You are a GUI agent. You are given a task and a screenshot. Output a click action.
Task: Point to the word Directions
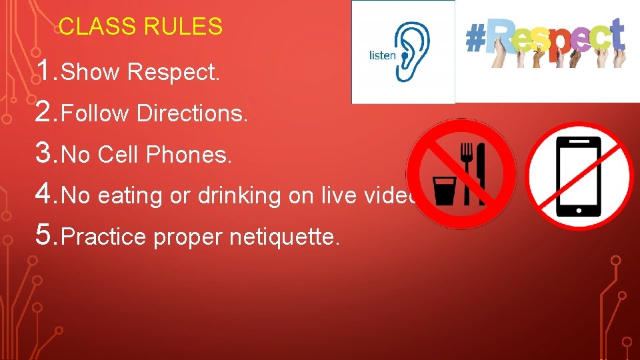click(192, 114)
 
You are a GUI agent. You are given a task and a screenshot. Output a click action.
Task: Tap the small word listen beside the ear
click(382, 55)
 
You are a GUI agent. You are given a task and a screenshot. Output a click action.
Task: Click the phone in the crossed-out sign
click(578, 177)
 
